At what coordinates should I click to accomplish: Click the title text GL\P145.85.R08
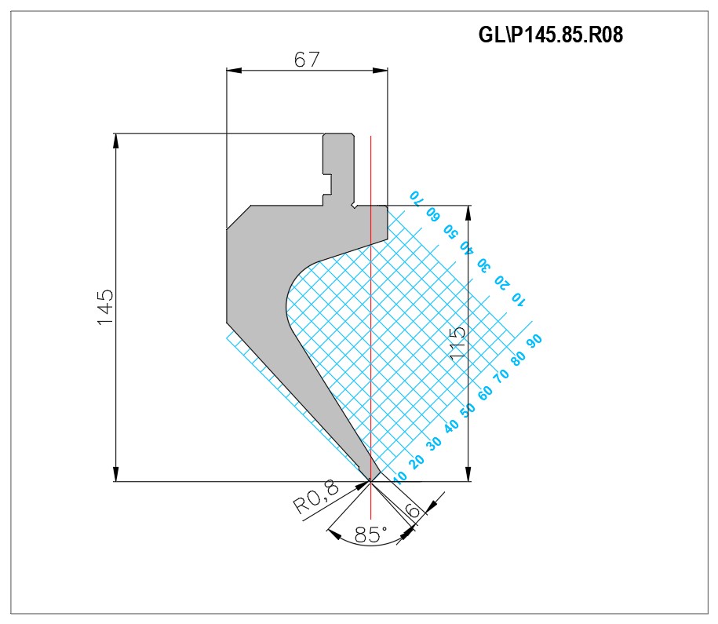[x=550, y=35]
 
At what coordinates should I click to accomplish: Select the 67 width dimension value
[x=306, y=60]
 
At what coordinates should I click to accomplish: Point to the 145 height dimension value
[x=105, y=307]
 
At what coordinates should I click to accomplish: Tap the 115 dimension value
[x=457, y=343]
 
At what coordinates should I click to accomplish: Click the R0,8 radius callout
[x=315, y=497]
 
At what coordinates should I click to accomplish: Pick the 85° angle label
[x=371, y=535]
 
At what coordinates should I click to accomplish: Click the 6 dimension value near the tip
[x=413, y=509]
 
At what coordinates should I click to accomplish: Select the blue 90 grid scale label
[x=534, y=341]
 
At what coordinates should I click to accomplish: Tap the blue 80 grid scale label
[x=518, y=358]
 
